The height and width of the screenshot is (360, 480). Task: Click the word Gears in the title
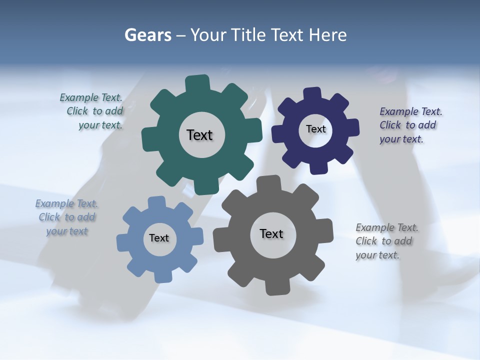click(148, 35)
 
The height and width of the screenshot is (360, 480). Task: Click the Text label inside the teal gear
click(199, 135)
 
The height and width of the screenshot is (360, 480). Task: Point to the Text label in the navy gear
click(315, 129)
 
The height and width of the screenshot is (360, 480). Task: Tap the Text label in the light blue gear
click(159, 238)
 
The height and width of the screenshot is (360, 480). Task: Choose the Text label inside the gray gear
click(271, 233)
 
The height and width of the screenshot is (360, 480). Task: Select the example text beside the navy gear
click(410, 125)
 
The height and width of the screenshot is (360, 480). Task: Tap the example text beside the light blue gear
click(67, 217)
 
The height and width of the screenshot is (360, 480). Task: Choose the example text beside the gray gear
click(387, 241)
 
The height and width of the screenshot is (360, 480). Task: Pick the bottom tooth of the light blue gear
click(163, 274)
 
